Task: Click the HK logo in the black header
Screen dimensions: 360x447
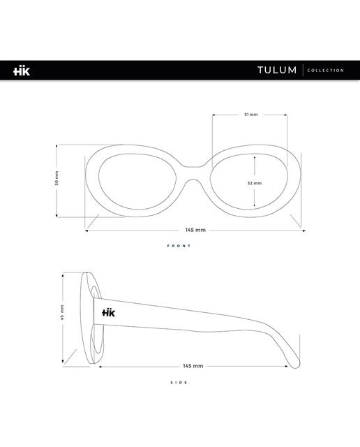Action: (x=22, y=71)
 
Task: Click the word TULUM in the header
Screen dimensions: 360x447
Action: (x=277, y=70)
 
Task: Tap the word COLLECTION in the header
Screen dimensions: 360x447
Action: (x=326, y=71)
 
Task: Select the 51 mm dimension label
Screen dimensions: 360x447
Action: (x=251, y=115)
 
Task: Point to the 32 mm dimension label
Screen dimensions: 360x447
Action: (x=255, y=183)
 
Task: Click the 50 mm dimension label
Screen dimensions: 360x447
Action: (x=57, y=178)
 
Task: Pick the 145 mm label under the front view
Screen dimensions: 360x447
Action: (x=195, y=230)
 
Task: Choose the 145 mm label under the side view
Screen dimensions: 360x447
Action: (x=193, y=366)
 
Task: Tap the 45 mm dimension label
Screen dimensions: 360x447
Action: (x=62, y=312)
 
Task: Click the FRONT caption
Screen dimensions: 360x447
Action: (x=179, y=246)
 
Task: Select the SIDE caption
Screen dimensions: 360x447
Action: (x=179, y=383)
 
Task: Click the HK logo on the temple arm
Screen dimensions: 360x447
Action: (x=109, y=312)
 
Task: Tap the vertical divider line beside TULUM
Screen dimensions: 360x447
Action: (x=303, y=70)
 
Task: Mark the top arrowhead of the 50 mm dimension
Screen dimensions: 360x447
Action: (x=57, y=146)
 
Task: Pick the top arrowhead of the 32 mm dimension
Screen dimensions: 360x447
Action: (x=255, y=157)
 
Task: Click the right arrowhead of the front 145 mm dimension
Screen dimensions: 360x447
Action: (x=303, y=230)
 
